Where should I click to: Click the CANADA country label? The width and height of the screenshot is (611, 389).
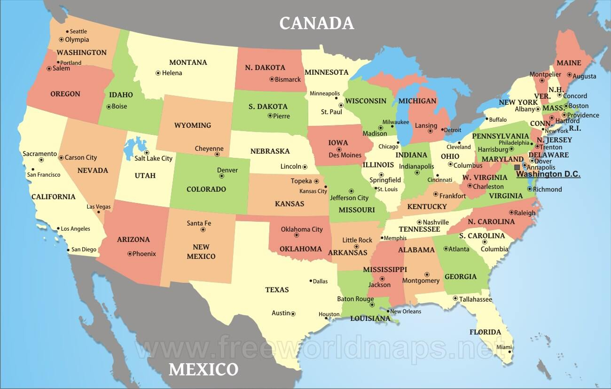[316, 23]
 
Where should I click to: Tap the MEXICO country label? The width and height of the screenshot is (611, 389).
[203, 369]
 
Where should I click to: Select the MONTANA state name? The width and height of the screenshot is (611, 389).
[188, 62]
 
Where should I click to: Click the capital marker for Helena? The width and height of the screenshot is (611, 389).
[158, 73]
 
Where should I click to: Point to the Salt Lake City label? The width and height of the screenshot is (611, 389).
[153, 159]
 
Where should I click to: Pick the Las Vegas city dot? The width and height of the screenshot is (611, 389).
[99, 212]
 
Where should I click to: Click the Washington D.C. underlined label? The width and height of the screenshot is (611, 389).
[548, 174]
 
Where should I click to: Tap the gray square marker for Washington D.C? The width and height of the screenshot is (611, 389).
[517, 167]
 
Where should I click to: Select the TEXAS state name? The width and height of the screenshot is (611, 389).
[277, 290]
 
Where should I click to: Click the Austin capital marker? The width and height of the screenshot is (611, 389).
[293, 313]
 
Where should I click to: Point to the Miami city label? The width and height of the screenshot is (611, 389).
[504, 347]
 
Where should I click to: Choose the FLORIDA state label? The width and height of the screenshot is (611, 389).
[485, 332]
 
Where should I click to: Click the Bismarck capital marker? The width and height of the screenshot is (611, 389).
[272, 79]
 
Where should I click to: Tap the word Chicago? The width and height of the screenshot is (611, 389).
[388, 147]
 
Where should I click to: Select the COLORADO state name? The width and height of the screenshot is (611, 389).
[206, 189]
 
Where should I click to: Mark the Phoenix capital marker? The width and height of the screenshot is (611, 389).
[130, 254]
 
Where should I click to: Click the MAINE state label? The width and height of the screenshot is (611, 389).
[569, 63]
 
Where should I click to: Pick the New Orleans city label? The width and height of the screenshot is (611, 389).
[406, 311]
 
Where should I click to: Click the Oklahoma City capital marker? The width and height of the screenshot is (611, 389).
[297, 235]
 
